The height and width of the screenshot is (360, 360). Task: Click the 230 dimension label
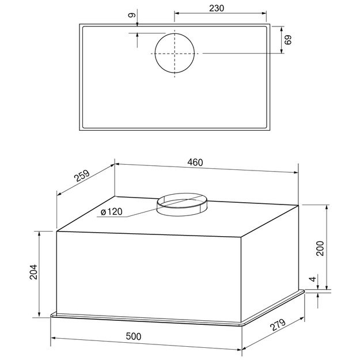tap(217, 8)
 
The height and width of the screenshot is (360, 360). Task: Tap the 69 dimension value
tap(287, 40)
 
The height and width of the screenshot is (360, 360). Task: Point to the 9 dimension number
tap(132, 15)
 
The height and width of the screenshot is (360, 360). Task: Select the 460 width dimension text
tap(195, 162)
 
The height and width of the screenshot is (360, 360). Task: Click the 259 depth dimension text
tap(82, 176)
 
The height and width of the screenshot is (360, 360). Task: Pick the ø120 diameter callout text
tap(112, 212)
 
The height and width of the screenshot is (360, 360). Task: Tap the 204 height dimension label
tap(33, 272)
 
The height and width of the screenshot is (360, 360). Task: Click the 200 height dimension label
tap(320, 248)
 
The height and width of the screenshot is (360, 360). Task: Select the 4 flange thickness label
tap(313, 279)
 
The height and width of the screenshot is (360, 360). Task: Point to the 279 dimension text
tap(278, 325)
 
